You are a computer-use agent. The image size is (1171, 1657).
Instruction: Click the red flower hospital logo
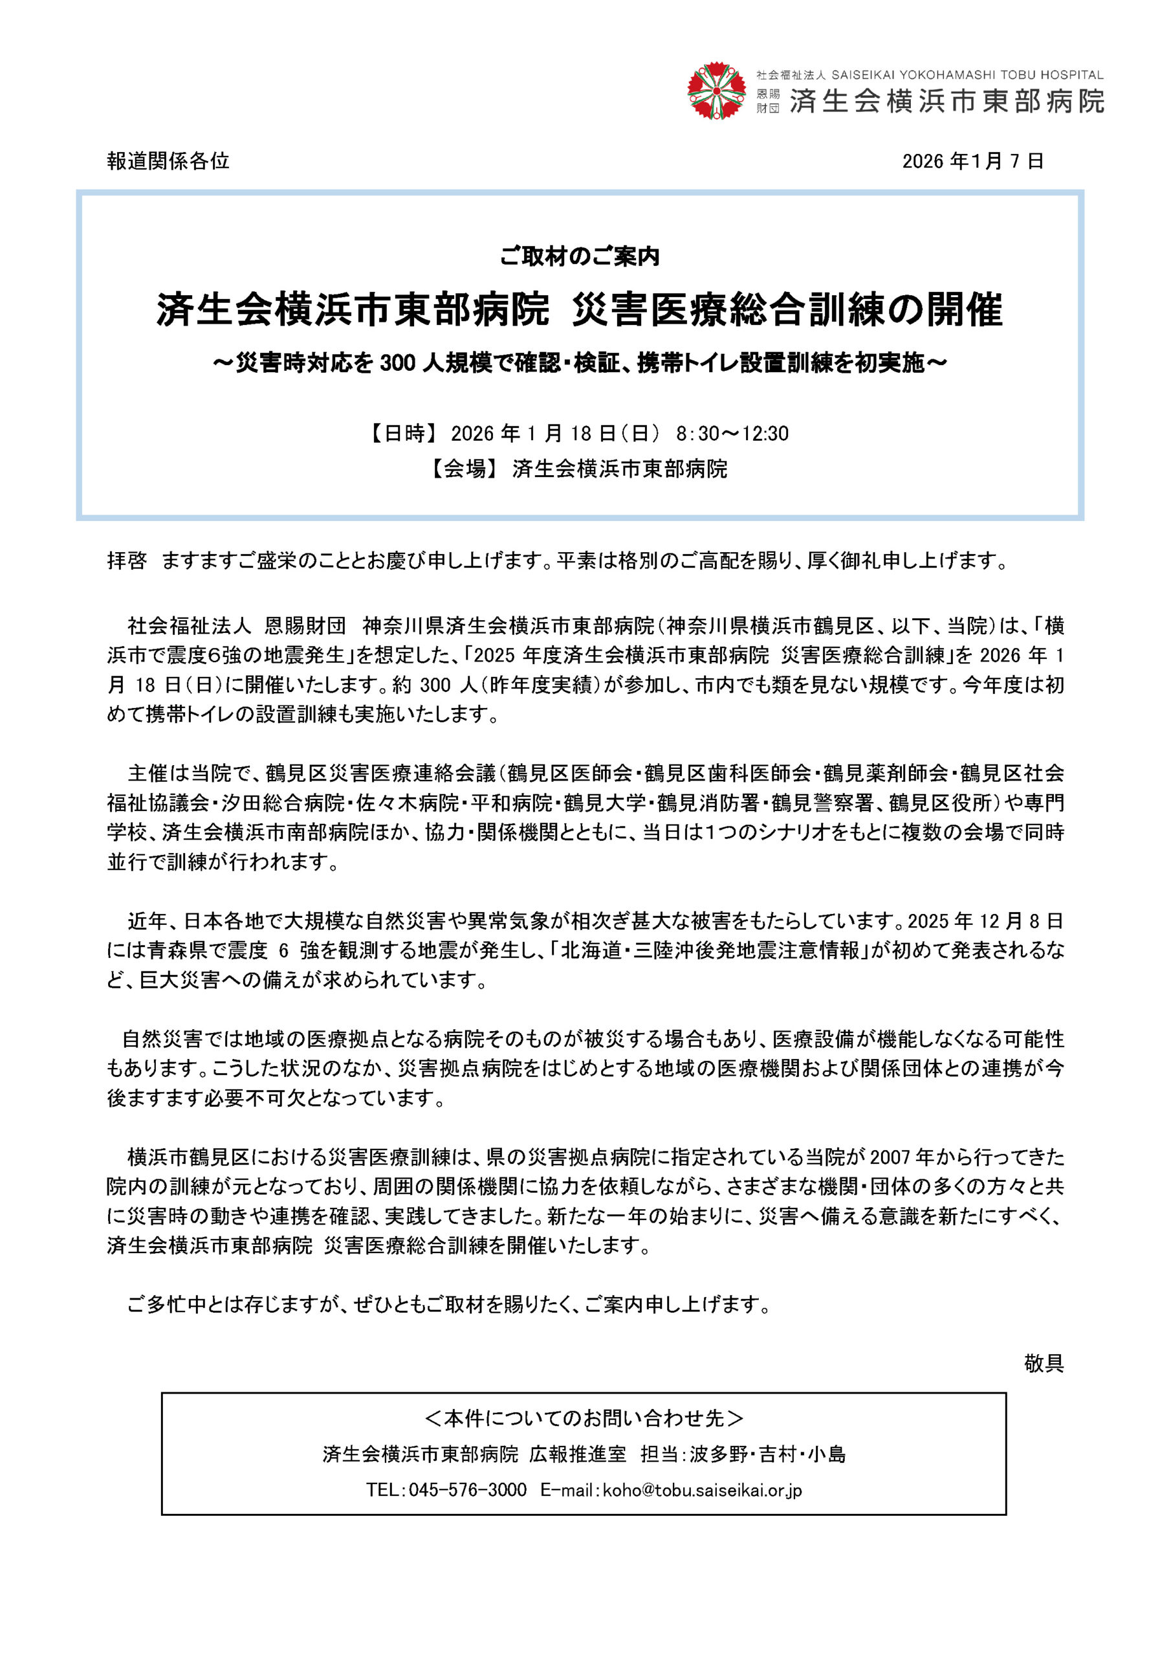(716, 91)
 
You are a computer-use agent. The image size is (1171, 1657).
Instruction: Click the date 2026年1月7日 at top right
(972, 161)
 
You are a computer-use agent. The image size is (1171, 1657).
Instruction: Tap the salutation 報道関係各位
(168, 161)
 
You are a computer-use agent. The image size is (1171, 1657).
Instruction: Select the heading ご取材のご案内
(580, 256)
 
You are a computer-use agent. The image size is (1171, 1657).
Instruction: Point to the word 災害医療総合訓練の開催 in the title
(787, 310)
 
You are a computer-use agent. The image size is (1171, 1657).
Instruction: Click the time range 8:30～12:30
(732, 433)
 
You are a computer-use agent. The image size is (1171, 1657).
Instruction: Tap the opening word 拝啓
(127, 561)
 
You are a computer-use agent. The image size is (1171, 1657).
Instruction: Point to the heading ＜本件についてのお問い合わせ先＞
(584, 1419)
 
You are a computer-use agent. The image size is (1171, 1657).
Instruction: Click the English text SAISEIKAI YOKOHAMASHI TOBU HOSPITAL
(967, 75)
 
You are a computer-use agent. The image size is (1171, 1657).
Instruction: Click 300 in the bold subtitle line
(397, 363)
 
